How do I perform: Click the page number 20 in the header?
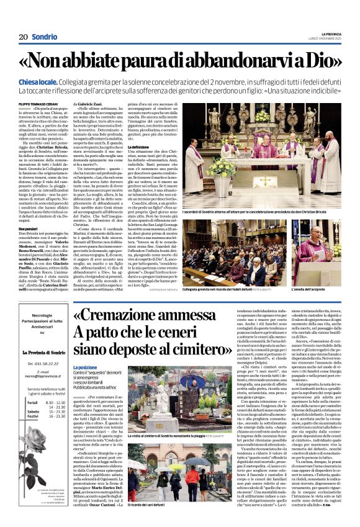(x=23, y=37)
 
